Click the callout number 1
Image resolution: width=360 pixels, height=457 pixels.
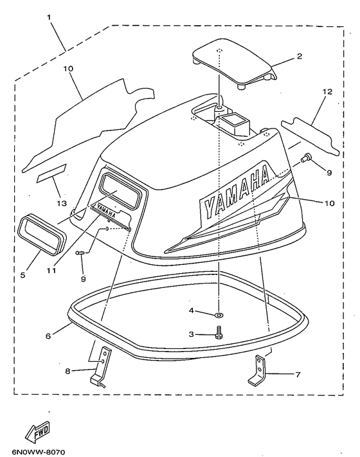[x=49, y=17]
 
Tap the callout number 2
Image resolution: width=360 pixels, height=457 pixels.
[x=300, y=57]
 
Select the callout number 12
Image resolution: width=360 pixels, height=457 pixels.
[x=327, y=91]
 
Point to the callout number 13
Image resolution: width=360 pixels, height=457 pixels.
[x=62, y=203]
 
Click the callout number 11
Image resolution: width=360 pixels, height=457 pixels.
[x=51, y=271]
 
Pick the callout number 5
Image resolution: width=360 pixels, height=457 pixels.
[x=22, y=275]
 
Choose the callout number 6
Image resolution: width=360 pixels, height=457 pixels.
[x=48, y=336]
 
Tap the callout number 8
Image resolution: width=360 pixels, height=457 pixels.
[x=67, y=372]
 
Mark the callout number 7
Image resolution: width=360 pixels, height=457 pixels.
[x=298, y=374]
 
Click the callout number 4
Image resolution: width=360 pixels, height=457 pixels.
[x=191, y=310]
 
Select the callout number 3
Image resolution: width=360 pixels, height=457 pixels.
[x=191, y=334]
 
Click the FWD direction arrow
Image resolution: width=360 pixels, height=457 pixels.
[x=38, y=432]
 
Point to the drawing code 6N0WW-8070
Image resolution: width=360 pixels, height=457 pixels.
[x=39, y=452]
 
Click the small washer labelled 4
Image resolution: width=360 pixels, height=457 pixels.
[x=218, y=315]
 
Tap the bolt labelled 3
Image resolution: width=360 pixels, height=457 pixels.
[x=219, y=333]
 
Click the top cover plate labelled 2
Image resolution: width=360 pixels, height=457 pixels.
[x=235, y=64]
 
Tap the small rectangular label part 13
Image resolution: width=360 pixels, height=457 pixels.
[x=51, y=174]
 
